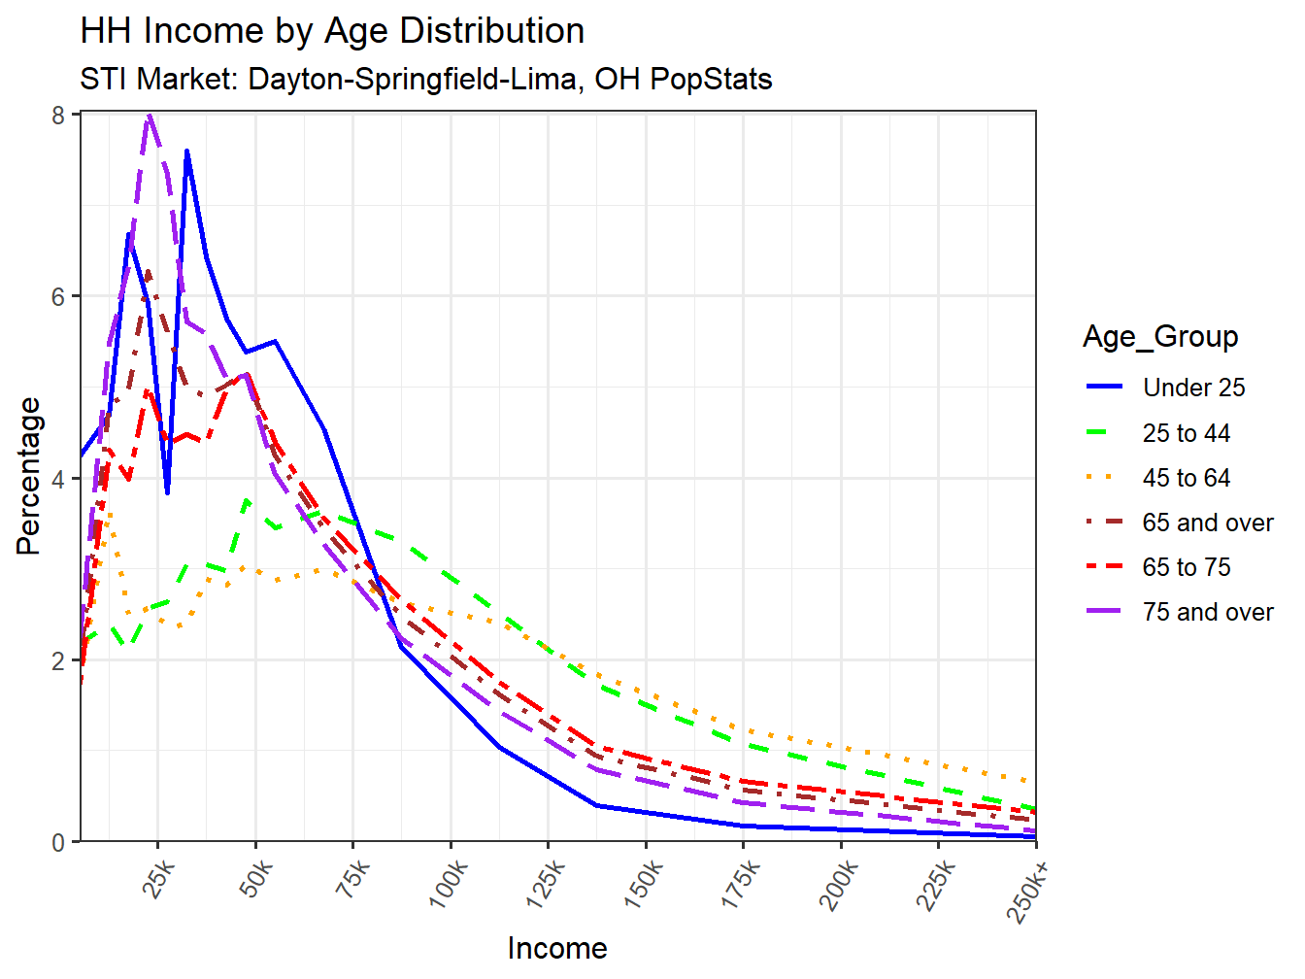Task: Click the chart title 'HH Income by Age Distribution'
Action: [332, 31]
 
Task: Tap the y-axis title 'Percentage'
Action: [29, 476]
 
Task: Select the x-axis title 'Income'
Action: [556, 948]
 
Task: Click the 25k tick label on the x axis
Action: [158, 879]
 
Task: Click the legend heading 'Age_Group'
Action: [1160, 336]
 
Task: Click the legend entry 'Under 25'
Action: [1193, 388]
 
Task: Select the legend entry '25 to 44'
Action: [1186, 433]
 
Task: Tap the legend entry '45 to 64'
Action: [1186, 478]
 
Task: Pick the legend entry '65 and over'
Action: [1207, 523]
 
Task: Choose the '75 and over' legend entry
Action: [1207, 612]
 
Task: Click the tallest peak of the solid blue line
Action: [186, 151]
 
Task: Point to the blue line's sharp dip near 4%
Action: [167, 493]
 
